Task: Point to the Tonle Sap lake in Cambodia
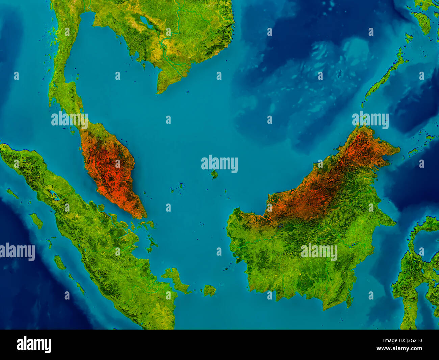point(146,22)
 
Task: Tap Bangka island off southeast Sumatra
point(176,279)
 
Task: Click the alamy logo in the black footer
point(34,345)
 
